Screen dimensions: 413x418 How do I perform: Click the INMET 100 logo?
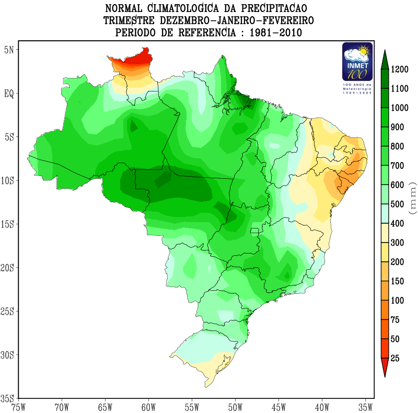(x=357, y=61)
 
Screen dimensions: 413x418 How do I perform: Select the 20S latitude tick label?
(x=9, y=268)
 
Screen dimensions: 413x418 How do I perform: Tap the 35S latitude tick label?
(x=9, y=398)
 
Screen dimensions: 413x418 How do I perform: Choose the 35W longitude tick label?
(x=365, y=407)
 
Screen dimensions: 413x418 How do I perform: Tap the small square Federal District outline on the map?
(x=255, y=231)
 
